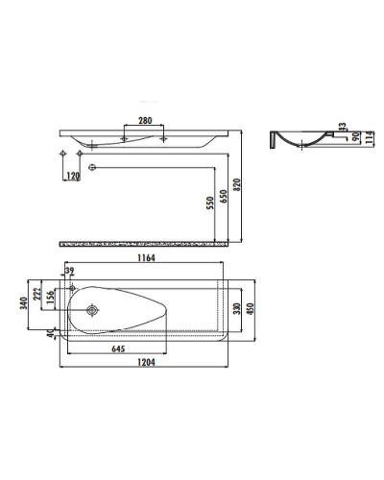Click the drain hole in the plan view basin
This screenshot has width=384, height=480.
pyautogui.click(x=92, y=309)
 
